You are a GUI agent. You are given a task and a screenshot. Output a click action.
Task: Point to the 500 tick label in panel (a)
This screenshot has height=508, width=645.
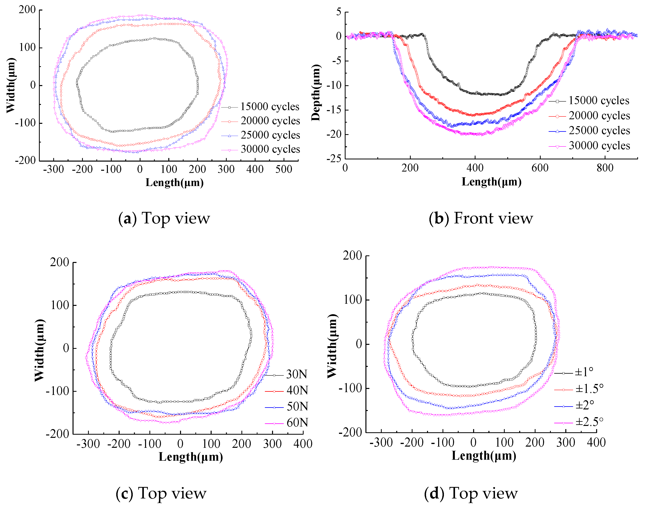[283, 170]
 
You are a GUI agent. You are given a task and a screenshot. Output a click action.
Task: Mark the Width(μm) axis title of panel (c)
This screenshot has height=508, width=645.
[40, 350]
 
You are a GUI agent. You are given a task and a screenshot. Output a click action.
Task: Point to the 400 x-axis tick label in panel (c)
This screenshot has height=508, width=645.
[302, 444]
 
